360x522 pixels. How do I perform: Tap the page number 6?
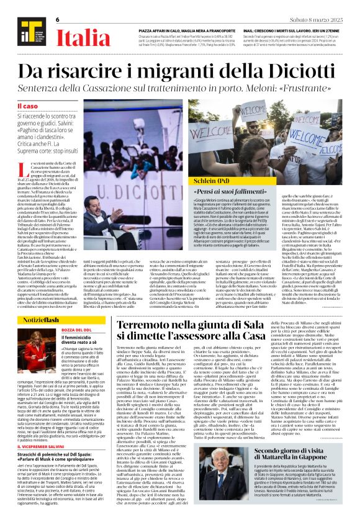click(x=57, y=19)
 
